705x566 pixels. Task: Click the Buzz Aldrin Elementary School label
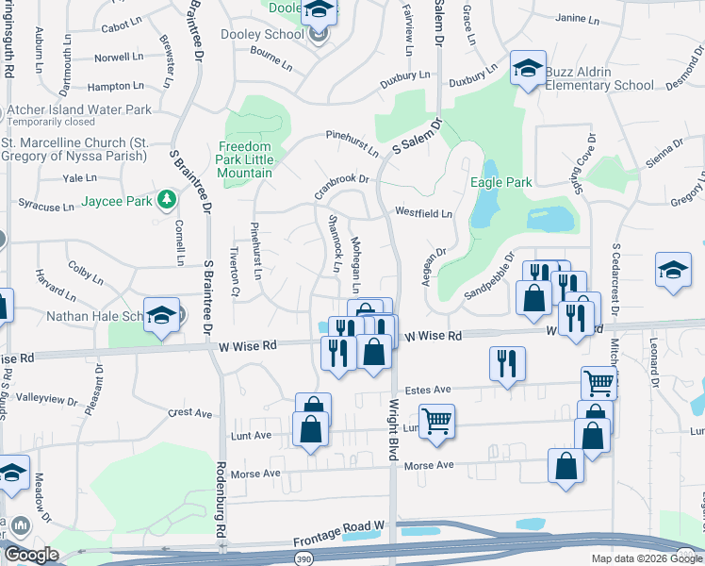click(x=588, y=79)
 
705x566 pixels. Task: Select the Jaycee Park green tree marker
click(x=167, y=199)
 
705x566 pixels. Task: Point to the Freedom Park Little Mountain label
click(x=246, y=154)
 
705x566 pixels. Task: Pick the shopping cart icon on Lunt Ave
click(x=436, y=422)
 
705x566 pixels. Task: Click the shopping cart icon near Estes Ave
click(x=599, y=383)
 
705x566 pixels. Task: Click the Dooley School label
click(x=271, y=34)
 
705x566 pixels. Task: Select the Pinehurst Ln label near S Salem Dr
click(x=352, y=143)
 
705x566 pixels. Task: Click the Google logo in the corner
click(x=31, y=556)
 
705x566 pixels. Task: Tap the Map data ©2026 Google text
click(x=647, y=558)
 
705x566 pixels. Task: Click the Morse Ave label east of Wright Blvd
click(x=429, y=466)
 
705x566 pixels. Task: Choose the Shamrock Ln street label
click(x=333, y=242)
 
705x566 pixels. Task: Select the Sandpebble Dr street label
click(x=488, y=276)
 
